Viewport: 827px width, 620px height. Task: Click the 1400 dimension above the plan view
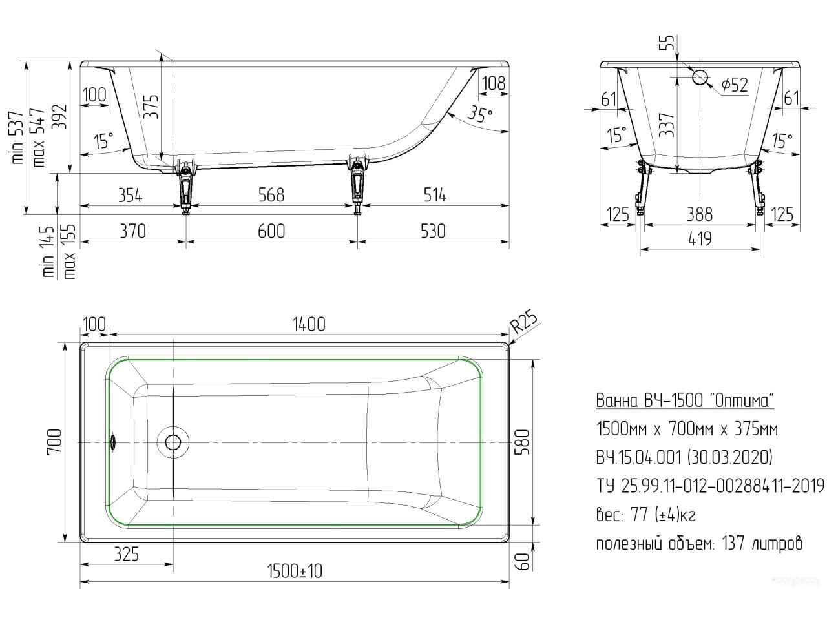pos(309,324)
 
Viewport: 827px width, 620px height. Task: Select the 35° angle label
pos(481,114)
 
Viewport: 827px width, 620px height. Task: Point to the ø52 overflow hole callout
pos(735,85)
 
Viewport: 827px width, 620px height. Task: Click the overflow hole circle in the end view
pos(700,77)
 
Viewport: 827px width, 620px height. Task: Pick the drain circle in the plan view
pos(173,442)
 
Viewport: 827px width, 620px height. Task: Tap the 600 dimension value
pos(271,231)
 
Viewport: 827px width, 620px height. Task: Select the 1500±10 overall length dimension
pos(295,572)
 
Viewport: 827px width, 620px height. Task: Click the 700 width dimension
pos(54,442)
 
